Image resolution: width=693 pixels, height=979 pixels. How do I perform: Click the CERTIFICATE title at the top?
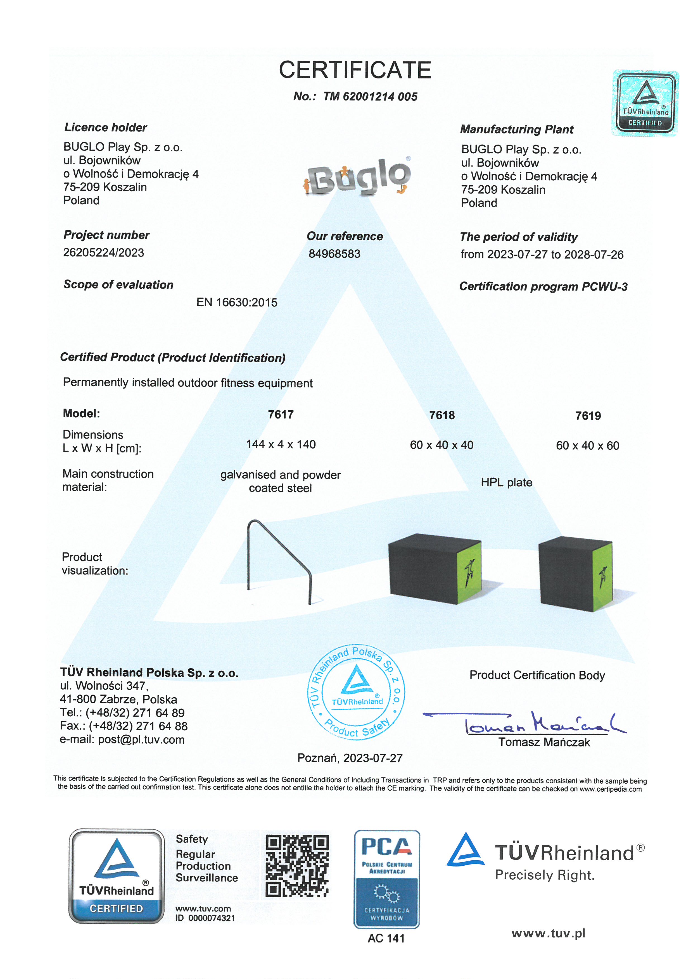point(355,70)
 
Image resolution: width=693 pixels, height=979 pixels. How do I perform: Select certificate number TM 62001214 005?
point(370,97)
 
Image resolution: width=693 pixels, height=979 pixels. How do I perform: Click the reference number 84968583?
point(334,254)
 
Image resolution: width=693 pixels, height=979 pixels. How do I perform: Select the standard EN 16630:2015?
point(237,302)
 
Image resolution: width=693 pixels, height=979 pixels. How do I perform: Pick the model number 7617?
point(281,415)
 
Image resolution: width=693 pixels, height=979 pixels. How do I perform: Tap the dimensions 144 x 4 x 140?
point(281,444)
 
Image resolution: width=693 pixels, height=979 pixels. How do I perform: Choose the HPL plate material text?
point(507,482)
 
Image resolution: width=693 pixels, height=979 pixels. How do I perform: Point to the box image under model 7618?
point(435,568)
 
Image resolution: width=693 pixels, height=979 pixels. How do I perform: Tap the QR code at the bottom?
point(297,866)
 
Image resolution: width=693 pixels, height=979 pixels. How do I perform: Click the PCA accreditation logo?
point(387,879)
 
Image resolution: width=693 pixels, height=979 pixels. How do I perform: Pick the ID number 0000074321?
point(211,918)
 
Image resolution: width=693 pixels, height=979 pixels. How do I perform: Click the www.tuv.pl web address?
point(548,933)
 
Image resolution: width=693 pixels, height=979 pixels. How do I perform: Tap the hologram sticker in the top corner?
point(645,104)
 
